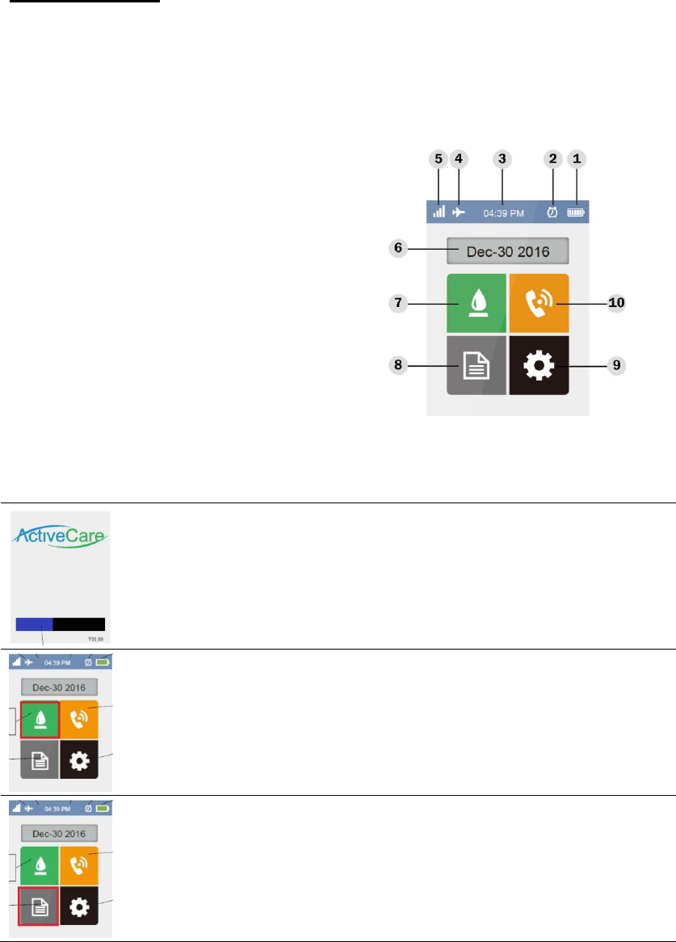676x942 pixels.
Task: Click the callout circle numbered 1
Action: click(577, 158)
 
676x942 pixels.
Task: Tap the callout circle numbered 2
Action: click(553, 158)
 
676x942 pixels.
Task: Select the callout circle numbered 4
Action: click(459, 158)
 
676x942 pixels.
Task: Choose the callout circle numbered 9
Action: click(616, 365)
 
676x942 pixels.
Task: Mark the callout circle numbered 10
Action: click(616, 303)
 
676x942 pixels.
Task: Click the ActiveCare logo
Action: click(61, 537)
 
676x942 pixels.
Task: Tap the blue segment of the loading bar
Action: click(34, 624)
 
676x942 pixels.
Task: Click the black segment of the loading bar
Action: click(79, 624)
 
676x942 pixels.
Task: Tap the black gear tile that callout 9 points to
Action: click(539, 365)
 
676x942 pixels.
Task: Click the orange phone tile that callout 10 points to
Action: click(539, 303)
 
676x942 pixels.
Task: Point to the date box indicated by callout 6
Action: click(508, 251)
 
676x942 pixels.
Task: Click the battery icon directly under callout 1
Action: click(577, 212)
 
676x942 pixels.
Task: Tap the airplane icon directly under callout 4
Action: click(459, 212)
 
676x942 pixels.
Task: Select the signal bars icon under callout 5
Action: click(439, 212)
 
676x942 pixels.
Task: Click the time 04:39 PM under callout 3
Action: click(503, 213)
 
